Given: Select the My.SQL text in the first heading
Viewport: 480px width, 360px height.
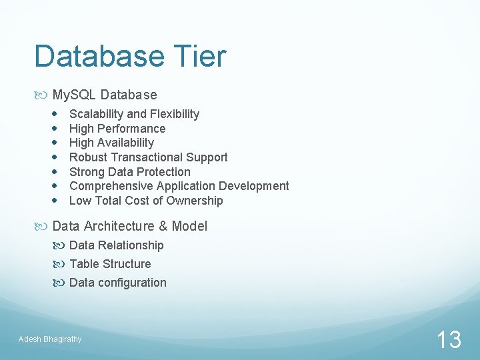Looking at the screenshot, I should point(74,95).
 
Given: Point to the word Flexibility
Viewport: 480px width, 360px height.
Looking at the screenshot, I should point(174,114).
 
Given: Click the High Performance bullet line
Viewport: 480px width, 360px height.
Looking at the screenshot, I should point(117,129).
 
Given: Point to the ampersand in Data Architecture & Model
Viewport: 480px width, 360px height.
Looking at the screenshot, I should point(163,226).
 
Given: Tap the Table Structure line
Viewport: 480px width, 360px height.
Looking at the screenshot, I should point(110,264).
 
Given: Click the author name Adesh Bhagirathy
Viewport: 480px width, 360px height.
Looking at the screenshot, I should point(50,339).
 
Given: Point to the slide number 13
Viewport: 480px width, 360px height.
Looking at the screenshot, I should point(449,340).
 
